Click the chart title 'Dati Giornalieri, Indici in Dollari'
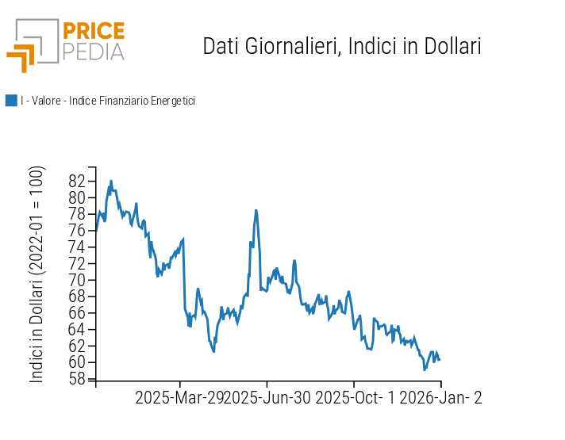[x=342, y=46]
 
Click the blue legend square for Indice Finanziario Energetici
[x=11, y=101]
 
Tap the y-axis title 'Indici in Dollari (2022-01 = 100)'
[x=37, y=274]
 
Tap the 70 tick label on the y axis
[x=77, y=280]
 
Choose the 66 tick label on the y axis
[x=77, y=313]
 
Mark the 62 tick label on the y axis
[x=77, y=346]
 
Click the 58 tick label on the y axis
[x=77, y=379]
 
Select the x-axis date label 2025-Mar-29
[x=179, y=398]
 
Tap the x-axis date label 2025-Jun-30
[x=267, y=398]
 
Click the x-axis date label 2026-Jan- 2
[x=440, y=398]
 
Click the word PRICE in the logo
[x=94, y=31]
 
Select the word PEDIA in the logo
[x=94, y=52]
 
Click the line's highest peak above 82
[x=111, y=181]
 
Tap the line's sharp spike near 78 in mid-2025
[x=256, y=210]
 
